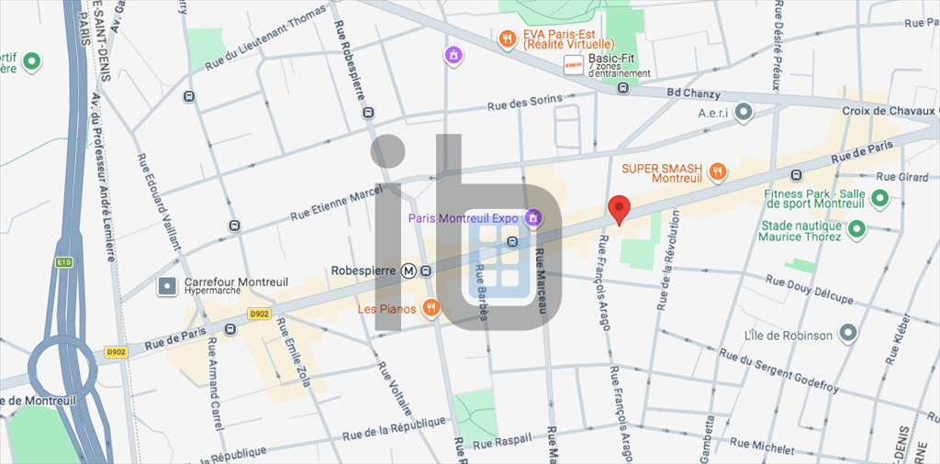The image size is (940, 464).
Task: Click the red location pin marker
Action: [619, 209]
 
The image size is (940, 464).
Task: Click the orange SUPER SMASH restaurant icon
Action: [718, 171]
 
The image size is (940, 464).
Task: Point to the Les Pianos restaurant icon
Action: [431, 309]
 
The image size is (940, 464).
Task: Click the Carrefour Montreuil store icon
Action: [167, 287]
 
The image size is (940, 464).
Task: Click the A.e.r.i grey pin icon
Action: [744, 112]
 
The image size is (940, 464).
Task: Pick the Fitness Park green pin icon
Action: [879, 197]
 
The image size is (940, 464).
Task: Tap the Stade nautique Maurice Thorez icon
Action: [856, 228]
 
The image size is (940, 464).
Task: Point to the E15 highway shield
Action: [62, 262]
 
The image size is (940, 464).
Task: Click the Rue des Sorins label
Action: [524, 104]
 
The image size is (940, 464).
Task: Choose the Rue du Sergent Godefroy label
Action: [778, 370]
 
